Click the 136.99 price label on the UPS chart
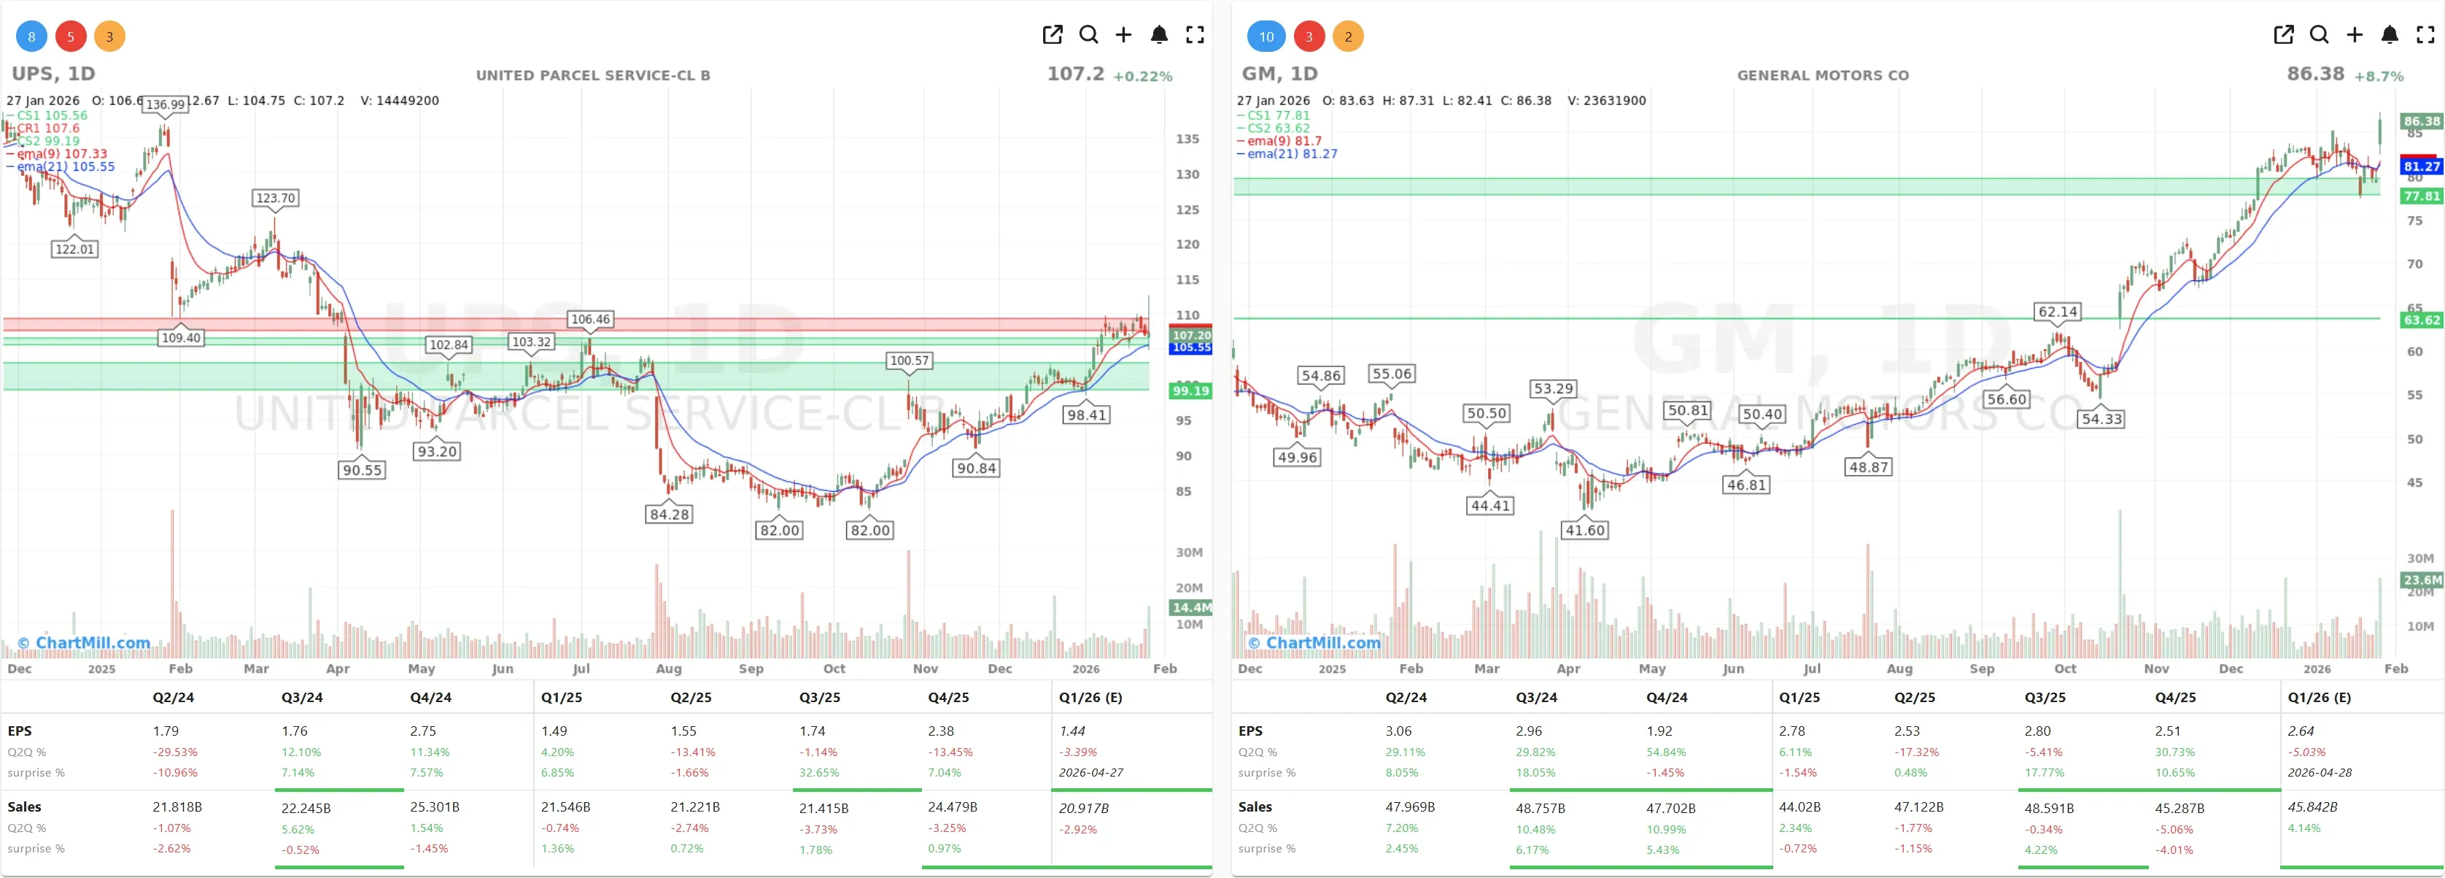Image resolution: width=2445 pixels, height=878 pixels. click(165, 104)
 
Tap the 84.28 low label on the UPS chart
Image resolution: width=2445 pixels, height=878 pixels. click(669, 515)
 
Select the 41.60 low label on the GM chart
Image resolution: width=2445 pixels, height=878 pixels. click(1585, 531)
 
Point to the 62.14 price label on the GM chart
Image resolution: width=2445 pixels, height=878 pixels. click(2058, 312)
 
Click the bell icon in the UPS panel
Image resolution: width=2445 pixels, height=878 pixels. click(1159, 35)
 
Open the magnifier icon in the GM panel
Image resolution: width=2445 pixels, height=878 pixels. click(2319, 35)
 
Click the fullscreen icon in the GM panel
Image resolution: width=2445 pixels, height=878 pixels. click(2425, 35)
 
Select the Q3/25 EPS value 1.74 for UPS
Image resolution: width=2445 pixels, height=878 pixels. click(813, 731)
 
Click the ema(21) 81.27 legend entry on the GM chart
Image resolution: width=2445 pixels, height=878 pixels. click(1292, 154)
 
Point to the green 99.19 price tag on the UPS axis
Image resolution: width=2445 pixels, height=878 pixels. click(1190, 391)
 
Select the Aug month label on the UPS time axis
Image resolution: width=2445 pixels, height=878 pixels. click(668, 669)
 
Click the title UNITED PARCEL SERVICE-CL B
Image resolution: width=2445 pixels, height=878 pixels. click(592, 75)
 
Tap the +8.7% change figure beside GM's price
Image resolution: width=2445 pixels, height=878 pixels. click(2379, 76)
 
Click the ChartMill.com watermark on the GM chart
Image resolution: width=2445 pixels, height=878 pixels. click(1314, 642)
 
